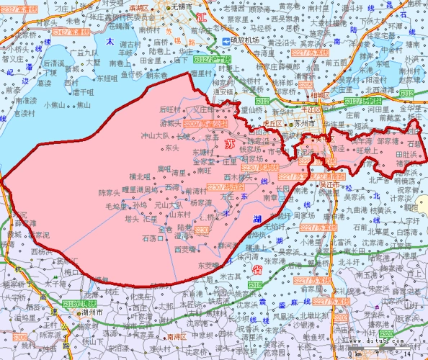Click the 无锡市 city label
click(x=183, y=6)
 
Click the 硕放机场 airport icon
click(x=226, y=42)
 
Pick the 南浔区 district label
click(x=176, y=336)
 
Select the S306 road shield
click(x=19, y=336)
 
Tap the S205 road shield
click(x=306, y=85)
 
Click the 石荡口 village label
click(x=153, y=238)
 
